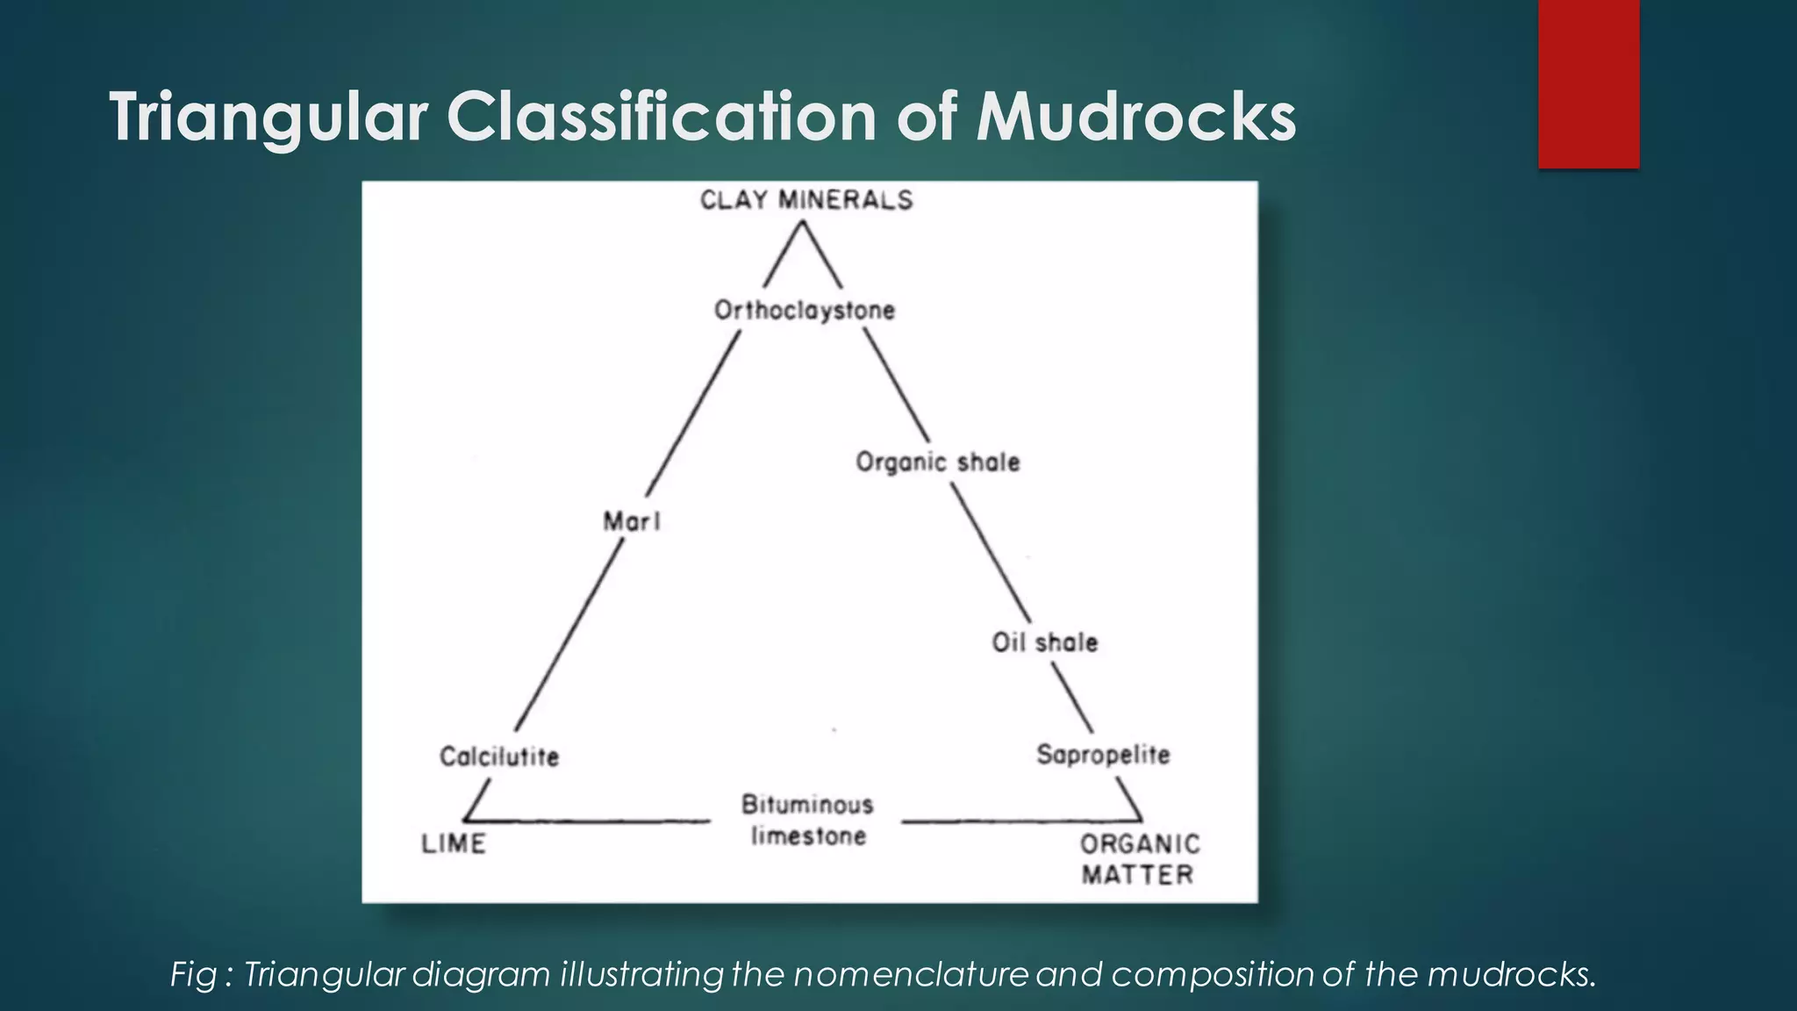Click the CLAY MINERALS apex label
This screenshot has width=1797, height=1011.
(806, 200)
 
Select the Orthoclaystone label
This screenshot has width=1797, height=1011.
(805, 310)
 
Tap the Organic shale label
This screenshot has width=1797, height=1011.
(938, 462)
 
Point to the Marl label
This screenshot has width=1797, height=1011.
(632, 521)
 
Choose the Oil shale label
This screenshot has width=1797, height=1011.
(1045, 642)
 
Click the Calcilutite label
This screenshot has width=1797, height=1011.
(499, 756)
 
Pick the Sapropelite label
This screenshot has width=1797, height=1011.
(1103, 754)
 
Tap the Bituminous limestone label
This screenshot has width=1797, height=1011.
(807, 820)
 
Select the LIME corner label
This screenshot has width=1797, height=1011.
(454, 843)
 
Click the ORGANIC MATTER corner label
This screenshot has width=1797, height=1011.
(1139, 858)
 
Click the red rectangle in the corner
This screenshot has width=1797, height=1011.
(1588, 83)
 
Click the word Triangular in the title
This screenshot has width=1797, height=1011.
(268, 117)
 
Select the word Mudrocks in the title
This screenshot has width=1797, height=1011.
(1136, 117)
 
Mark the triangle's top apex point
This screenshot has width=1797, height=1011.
(802, 220)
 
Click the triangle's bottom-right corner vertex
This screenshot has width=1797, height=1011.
(1142, 821)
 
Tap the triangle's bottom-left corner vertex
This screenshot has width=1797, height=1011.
(463, 821)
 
